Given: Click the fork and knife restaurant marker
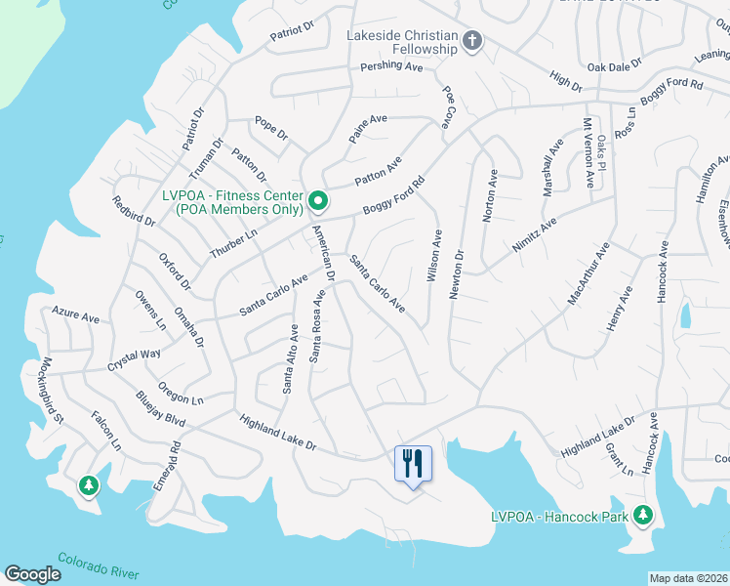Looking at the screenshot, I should (412, 462).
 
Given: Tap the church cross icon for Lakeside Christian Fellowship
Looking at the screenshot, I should (472, 41).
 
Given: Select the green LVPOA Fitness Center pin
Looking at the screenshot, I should (318, 202).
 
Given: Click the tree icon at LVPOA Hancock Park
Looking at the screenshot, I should (642, 514).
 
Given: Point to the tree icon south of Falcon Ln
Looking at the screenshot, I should (89, 484).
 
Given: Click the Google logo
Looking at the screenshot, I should (32, 573).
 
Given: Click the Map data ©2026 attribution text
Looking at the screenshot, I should (688, 578).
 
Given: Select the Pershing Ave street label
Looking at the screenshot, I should (391, 67).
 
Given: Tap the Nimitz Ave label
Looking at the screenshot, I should (535, 236).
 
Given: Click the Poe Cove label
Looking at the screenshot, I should (449, 106).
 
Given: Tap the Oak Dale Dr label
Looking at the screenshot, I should (614, 65).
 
